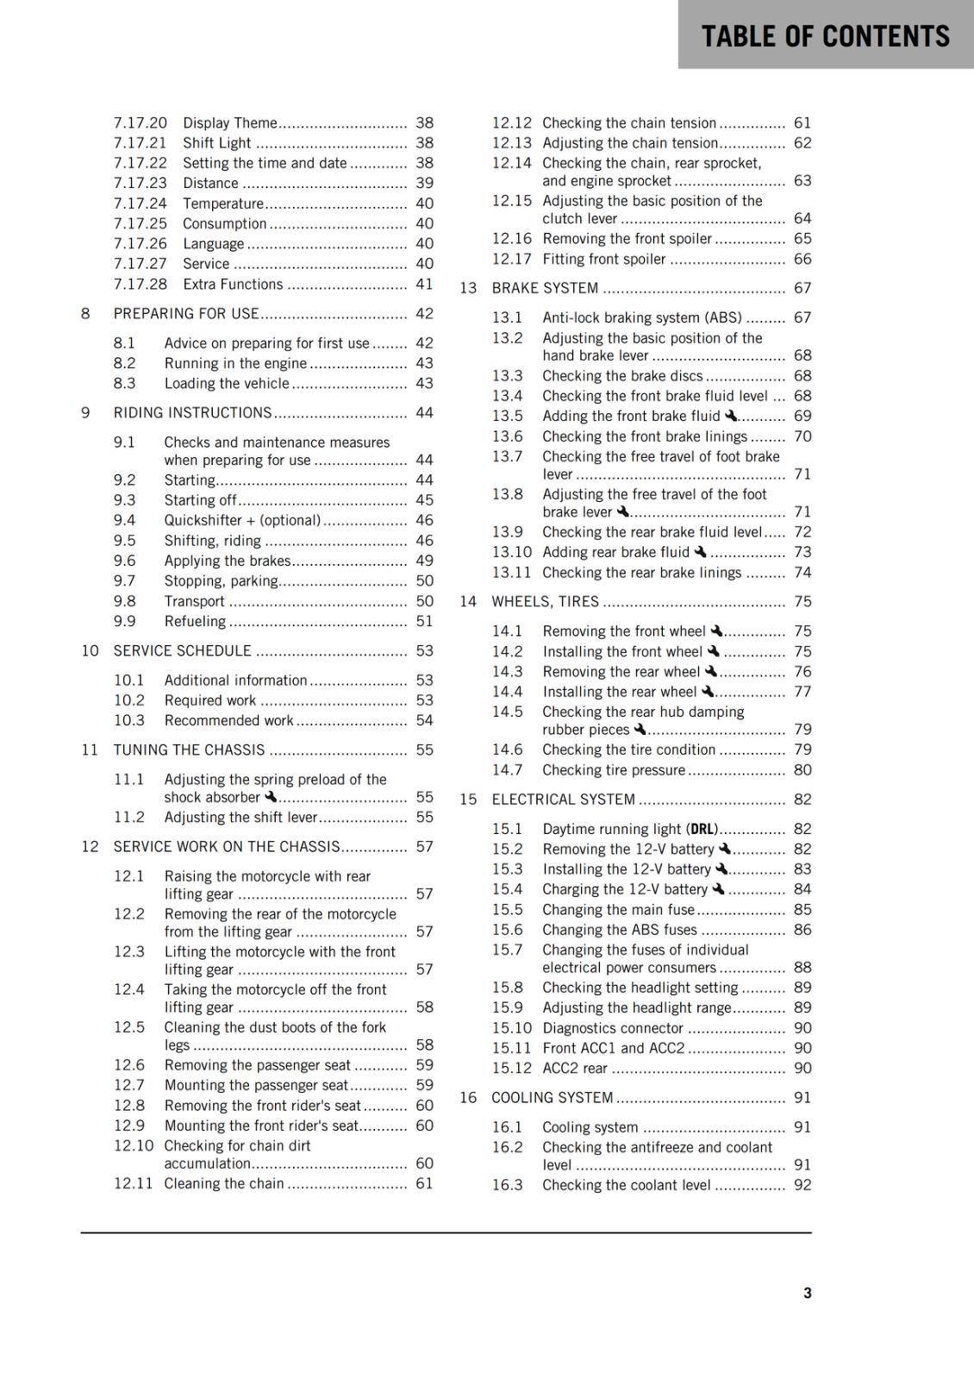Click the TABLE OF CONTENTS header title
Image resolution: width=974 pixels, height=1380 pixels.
pyautogui.click(x=825, y=36)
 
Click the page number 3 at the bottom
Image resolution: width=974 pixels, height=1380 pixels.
pyautogui.click(x=807, y=1293)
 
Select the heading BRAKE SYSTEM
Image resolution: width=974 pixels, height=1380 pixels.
pyautogui.click(x=544, y=288)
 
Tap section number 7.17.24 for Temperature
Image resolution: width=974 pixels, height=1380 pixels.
pyautogui.click(x=140, y=204)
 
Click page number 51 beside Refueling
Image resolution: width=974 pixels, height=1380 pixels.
pyautogui.click(x=424, y=621)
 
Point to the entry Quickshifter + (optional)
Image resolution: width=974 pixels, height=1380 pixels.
pyautogui.click(x=242, y=520)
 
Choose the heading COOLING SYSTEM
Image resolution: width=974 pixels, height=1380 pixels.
pyautogui.click(x=552, y=1097)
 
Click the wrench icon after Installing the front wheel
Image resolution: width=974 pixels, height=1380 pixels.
pyautogui.click(x=714, y=651)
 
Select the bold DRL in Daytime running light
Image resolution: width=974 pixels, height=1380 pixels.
pyautogui.click(x=702, y=829)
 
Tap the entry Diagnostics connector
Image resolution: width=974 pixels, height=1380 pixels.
pyautogui.click(x=613, y=1028)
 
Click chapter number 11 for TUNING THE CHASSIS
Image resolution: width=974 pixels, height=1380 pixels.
pyautogui.click(x=90, y=750)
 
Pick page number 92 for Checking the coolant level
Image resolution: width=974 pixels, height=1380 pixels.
pyautogui.click(x=802, y=1185)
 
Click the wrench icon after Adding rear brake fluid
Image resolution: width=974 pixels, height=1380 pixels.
pyautogui.click(x=700, y=551)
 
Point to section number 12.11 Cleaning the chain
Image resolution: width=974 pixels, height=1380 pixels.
pyautogui.click(x=133, y=1183)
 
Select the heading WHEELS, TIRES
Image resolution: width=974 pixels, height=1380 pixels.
pyautogui.click(x=545, y=601)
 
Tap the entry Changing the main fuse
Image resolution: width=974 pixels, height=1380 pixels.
pyautogui.click(x=618, y=909)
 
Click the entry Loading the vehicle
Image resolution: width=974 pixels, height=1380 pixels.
pyautogui.click(x=227, y=383)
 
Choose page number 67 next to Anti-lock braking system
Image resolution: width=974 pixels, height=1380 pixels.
pyautogui.click(x=802, y=317)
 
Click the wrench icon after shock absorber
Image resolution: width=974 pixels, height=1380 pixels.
pyautogui.click(x=271, y=796)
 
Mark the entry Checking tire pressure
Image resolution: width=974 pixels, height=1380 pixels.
pyautogui.click(x=614, y=769)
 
